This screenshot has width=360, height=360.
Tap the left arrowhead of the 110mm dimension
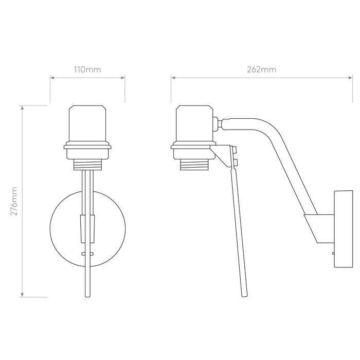point(51,78)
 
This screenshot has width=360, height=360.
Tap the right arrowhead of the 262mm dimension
point(352,78)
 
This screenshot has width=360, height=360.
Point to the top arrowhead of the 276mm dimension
point(22,106)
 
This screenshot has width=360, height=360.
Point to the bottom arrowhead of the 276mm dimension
point(22,296)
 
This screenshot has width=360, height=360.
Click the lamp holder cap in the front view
point(87,122)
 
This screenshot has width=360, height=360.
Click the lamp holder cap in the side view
point(195,122)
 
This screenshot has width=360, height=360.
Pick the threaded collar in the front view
point(87,165)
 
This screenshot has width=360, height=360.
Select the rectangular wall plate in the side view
point(343,229)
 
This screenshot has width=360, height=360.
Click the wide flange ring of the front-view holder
point(87,151)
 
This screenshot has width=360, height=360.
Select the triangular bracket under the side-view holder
point(222,154)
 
